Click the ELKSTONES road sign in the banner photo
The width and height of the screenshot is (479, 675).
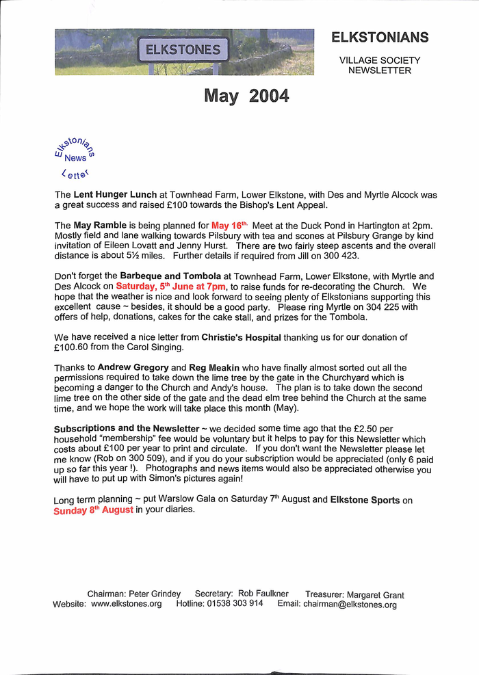pyautogui.click(x=183, y=50)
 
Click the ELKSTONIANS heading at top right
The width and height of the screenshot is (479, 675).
pyautogui.click(x=380, y=37)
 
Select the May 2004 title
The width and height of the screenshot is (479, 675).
pyautogui.click(x=246, y=96)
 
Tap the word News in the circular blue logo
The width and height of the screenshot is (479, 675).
pyautogui.click(x=75, y=157)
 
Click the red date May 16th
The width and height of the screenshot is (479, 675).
pyautogui.click(x=229, y=226)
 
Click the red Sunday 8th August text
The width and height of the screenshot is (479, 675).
pyautogui.click(x=93, y=510)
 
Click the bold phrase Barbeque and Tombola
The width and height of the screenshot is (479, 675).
pyautogui.click(x=170, y=276)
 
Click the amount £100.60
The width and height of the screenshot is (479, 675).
pyautogui.click(x=75, y=347)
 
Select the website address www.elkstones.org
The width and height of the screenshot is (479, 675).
pyautogui.click(x=127, y=604)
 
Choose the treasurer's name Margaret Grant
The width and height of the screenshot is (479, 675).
pyautogui.click(x=375, y=595)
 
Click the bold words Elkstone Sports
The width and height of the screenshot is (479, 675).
pyautogui.click(x=365, y=500)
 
